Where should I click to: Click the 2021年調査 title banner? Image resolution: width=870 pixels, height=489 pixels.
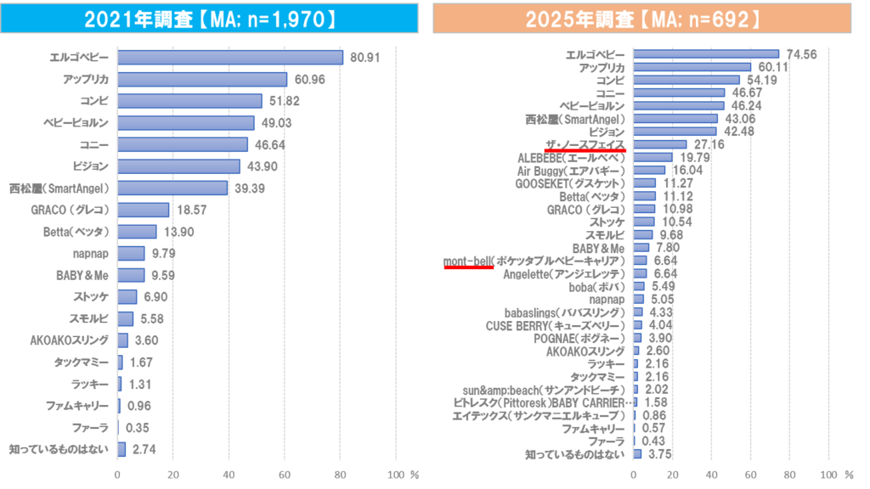(x=209, y=18)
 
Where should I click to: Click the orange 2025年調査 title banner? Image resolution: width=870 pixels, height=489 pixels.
(x=641, y=18)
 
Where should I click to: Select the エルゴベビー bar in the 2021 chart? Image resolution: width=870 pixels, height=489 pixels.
(x=230, y=58)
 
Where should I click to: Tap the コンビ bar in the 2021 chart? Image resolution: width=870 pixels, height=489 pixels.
(x=189, y=101)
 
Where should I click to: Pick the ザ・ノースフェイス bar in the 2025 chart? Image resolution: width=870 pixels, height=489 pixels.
(x=660, y=145)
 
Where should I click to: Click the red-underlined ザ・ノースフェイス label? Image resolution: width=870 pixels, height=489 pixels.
(x=585, y=145)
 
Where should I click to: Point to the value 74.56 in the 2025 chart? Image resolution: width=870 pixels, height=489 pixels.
(x=802, y=54)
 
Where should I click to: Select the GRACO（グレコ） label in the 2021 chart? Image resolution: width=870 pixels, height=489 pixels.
(x=75, y=210)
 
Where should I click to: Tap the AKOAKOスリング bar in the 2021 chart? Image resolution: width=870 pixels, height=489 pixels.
(x=123, y=340)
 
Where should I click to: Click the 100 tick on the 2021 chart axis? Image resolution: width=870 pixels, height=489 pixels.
(x=396, y=475)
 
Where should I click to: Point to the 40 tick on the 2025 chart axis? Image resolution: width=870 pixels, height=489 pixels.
(x=711, y=475)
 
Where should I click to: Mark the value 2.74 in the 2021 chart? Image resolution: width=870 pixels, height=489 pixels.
(x=142, y=449)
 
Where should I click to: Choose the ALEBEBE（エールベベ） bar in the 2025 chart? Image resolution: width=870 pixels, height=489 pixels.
(x=652, y=158)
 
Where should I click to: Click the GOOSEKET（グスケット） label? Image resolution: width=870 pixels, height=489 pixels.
(x=579, y=183)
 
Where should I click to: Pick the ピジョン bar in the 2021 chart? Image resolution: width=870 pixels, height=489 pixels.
(x=178, y=166)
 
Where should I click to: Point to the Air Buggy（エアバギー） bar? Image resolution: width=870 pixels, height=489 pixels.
(x=650, y=171)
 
